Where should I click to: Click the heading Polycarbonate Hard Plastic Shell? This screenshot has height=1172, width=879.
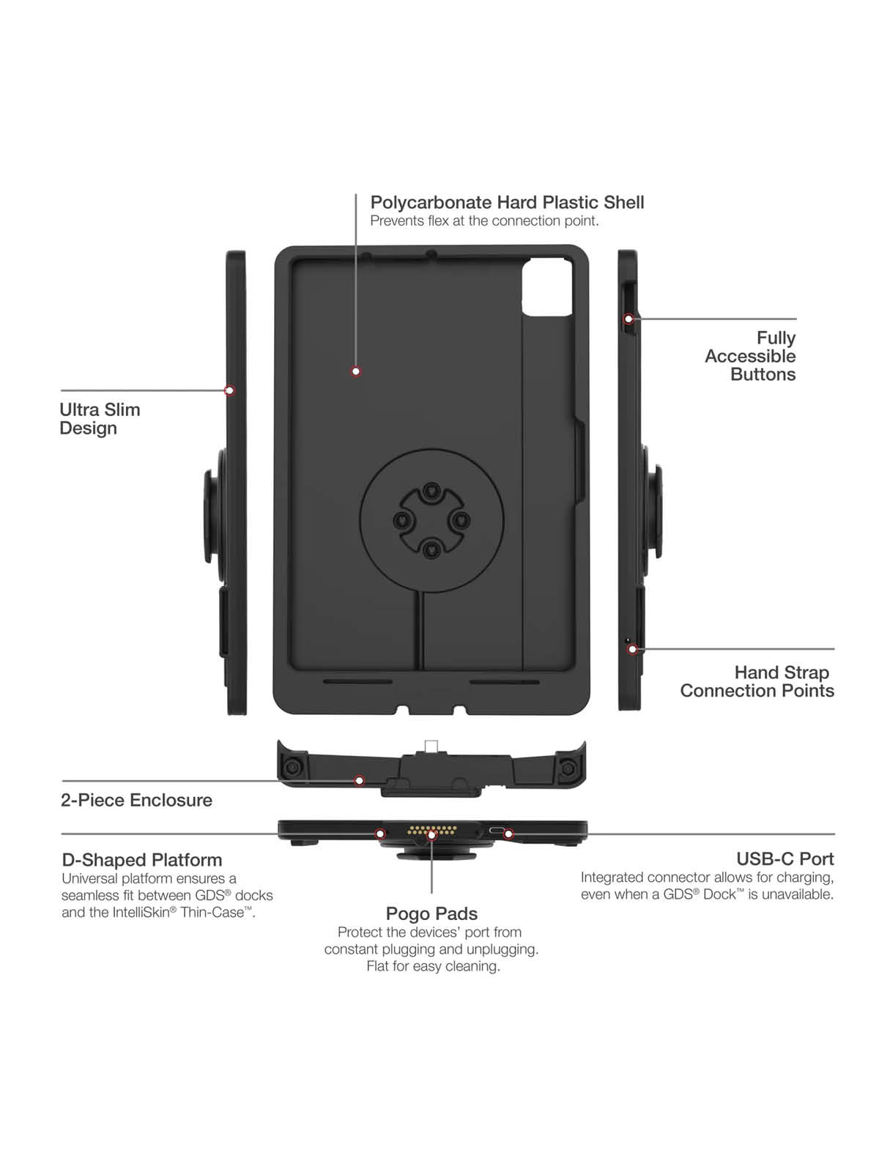[507, 202]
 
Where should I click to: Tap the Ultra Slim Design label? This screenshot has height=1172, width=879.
[100, 419]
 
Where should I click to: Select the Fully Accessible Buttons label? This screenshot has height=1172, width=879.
[751, 356]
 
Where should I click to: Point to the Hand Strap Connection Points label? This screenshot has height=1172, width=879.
[757, 681]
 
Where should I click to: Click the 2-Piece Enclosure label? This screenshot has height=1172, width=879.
[136, 800]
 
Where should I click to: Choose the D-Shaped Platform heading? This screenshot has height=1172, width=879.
[141, 860]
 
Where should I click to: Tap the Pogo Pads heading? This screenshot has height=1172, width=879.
[431, 913]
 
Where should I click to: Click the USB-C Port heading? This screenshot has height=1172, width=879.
[785, 858]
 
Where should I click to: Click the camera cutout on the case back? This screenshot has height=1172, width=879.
[546, 288]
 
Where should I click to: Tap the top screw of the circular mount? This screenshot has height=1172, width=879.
[432, 490]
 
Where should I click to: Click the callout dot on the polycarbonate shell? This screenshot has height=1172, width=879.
[356, 371]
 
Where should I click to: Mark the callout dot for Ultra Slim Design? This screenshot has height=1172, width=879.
[229, 390]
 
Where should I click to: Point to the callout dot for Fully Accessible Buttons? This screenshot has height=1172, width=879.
[628, 319]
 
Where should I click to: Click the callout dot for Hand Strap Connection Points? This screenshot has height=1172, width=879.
[632, 649]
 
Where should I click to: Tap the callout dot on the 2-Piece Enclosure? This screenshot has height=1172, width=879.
[359, 781]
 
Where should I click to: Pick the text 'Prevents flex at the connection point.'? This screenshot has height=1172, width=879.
[484, 221]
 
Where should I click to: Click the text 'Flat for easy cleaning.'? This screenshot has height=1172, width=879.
[433, 966]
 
